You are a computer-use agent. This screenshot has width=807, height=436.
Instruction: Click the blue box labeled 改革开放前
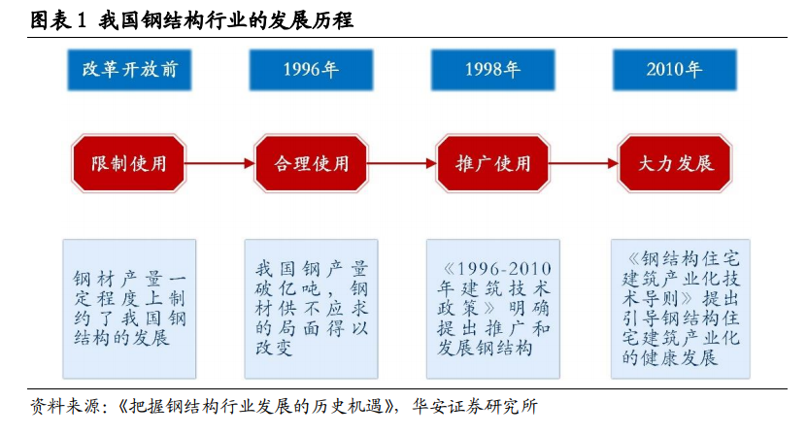[129, 70]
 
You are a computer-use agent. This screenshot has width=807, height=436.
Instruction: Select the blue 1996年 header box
[311, 70]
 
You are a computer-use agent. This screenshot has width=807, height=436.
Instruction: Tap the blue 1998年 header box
[492, 70]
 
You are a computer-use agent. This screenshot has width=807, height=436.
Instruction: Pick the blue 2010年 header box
[674, 70]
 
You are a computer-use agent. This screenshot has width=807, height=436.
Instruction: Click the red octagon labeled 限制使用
[128, 163]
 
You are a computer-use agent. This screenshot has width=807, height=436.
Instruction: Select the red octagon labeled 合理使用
[311, 163]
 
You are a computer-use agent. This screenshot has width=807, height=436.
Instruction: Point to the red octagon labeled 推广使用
[492, 163]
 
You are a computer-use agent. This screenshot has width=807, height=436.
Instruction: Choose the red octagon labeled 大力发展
[675, 163]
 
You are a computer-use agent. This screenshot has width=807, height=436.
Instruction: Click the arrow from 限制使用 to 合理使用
[219, 163]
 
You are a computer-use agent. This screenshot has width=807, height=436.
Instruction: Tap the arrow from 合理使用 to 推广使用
[402, 163]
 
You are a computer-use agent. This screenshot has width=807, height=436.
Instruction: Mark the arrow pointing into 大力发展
[584, 163]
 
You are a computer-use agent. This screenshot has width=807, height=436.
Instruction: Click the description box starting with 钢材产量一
[129, 309]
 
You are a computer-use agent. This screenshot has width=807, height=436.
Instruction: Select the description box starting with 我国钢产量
[311, 309]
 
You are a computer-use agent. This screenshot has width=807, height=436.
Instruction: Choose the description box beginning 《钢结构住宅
[680, 309]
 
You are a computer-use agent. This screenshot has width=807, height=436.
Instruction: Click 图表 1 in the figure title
[57, 20]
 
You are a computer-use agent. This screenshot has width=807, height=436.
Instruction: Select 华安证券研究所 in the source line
[475, 407]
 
